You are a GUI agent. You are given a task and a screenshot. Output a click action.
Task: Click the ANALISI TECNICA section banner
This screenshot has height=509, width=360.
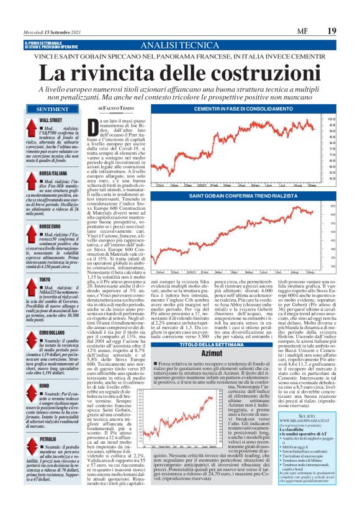180,46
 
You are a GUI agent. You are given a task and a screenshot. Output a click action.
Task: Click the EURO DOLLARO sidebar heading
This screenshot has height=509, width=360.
56,315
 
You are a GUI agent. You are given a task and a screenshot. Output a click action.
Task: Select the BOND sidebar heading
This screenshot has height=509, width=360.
44,367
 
